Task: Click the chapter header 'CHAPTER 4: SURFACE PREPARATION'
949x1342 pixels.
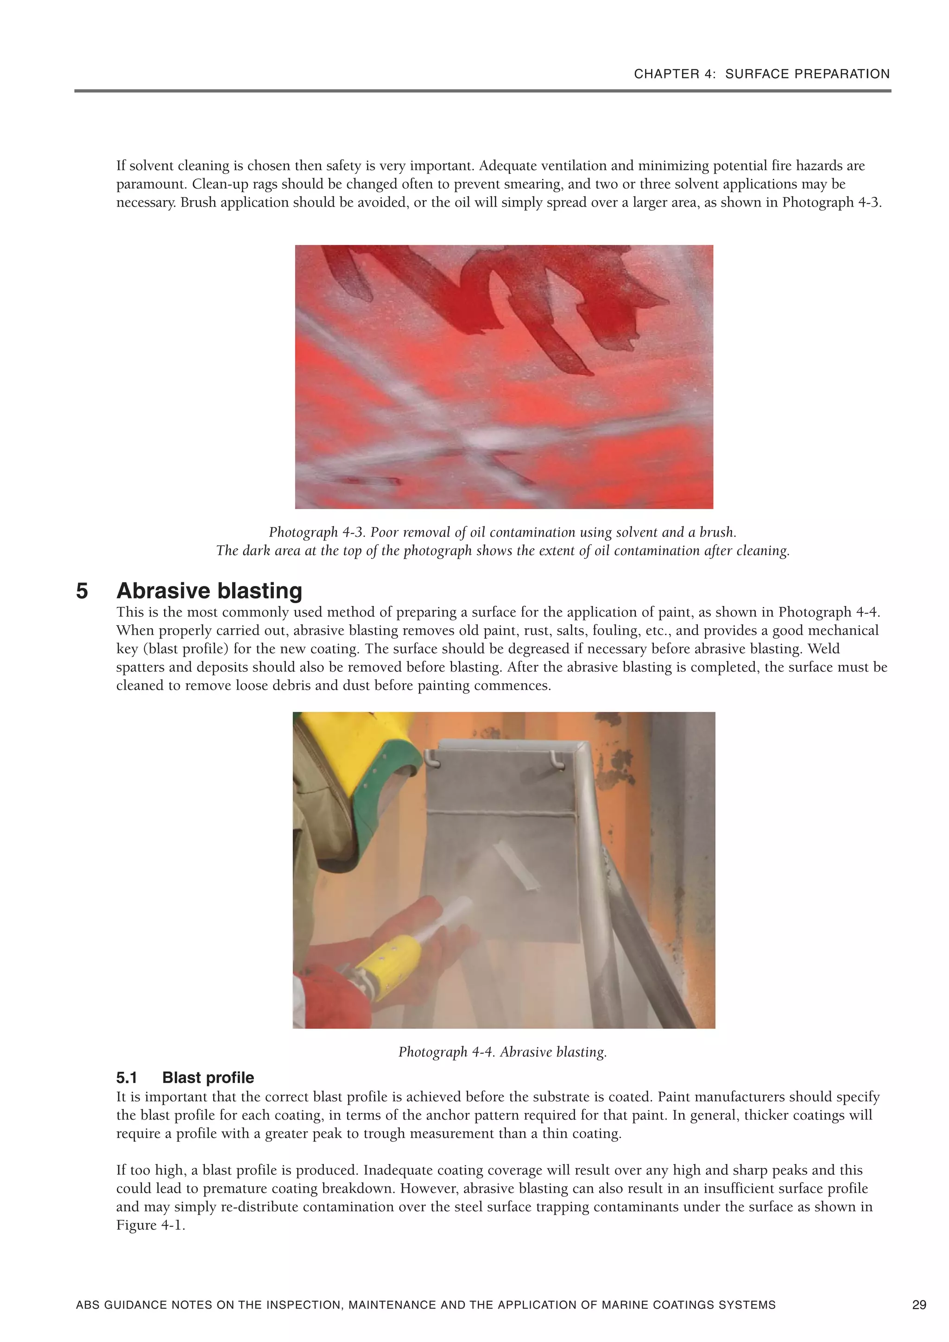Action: [x=761, y=74]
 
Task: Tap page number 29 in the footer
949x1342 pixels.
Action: [x=918, y=1304]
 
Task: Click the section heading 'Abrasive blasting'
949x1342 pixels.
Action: [x=209, y=591]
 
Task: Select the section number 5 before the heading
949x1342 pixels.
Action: [x=82, y=591]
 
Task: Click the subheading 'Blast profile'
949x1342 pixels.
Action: [x=208, y=1078]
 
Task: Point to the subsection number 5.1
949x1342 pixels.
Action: [x=127, y=1078]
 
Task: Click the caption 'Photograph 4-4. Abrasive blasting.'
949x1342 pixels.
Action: [x=502, y=1052]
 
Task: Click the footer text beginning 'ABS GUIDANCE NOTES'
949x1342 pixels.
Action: [x=425, y=1304]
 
